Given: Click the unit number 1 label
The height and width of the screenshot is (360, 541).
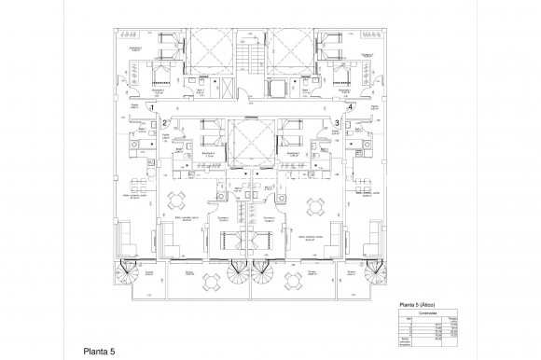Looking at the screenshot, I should click(x=138, y=109).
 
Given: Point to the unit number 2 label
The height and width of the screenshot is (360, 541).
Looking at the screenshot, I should click(x=165, y=122).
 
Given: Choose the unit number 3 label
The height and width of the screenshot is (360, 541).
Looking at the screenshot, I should click(x=335, y=122).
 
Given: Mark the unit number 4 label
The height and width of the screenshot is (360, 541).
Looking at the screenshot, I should click(x=351, y=109).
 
